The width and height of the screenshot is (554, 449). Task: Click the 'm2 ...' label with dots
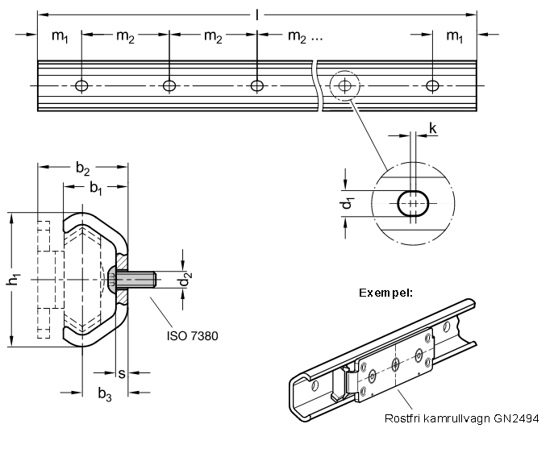point(304,36)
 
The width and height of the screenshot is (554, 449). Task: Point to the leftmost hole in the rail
point(81,85)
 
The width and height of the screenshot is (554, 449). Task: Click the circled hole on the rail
point(345,85)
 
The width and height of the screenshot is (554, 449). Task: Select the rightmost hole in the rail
point(433,85)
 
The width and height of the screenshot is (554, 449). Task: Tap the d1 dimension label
point(347,204)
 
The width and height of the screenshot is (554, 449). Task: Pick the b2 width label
point(83,168)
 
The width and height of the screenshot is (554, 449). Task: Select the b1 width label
point(95,188)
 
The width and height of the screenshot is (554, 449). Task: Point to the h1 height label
point(13,280)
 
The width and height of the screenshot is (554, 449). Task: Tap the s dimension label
point(122,373)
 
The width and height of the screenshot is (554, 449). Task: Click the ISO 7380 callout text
point(193,335)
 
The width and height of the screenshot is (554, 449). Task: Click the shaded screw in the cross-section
point(132,280)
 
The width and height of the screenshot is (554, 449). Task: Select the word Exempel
point(385,292)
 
